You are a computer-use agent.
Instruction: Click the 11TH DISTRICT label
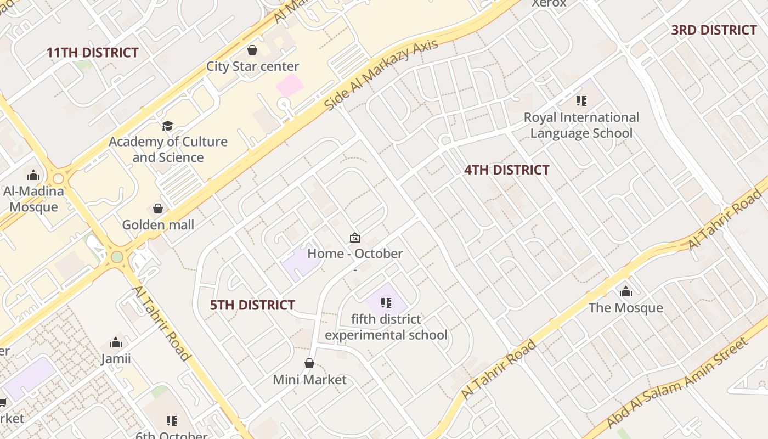[92, 53]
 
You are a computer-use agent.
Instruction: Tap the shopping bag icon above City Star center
[252, 50]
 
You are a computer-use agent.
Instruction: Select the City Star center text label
[252, 66]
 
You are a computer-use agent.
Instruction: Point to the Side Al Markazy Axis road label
[381, 74]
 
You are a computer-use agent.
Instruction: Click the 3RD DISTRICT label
[714, 30]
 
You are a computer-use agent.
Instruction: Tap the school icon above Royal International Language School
[581, 101]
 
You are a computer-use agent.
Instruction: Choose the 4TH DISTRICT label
[506, 170]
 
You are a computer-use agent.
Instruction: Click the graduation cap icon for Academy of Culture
[167, 126]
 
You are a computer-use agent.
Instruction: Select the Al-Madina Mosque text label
[33, 199]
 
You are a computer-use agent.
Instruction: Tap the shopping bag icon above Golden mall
[158, 209]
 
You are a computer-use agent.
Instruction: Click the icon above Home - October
[355, 238]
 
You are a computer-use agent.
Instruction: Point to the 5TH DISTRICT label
[252, 305]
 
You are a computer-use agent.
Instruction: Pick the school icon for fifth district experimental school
[386, 302]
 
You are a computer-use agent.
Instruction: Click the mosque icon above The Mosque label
[626, 291]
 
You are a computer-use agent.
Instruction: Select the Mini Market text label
[309, 380]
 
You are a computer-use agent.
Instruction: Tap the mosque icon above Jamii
[116, 343]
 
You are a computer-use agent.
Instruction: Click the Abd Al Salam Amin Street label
[677, 382]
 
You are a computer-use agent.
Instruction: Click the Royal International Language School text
[581, 125]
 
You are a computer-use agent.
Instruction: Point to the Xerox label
[549, 3]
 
